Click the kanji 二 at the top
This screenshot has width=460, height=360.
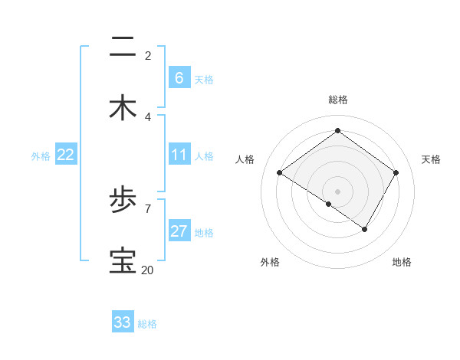point(123,47)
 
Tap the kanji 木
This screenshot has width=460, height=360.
point(123,108)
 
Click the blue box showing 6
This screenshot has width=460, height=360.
point(179,78)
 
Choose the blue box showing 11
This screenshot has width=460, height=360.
point(179,155)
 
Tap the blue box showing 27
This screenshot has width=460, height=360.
point(179,231)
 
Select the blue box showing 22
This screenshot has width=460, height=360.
point(66,155)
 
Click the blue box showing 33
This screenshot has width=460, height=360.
point(123,322)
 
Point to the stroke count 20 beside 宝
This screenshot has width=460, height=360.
point(147,270)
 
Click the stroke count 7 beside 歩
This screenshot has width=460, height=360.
point(148,208)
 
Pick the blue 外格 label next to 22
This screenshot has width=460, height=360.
point(41,155)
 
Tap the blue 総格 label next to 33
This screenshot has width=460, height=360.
point(147,323)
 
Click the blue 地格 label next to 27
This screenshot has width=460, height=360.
point(204,232)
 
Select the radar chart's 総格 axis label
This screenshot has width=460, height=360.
point(337,100)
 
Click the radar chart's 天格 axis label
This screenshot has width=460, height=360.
point(431,159)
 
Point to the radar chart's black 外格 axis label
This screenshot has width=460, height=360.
point(270,262)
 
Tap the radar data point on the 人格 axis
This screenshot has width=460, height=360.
point(280,173)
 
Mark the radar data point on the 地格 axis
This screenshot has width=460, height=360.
point(365,229)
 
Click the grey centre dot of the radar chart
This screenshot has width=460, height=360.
point(337,191)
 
